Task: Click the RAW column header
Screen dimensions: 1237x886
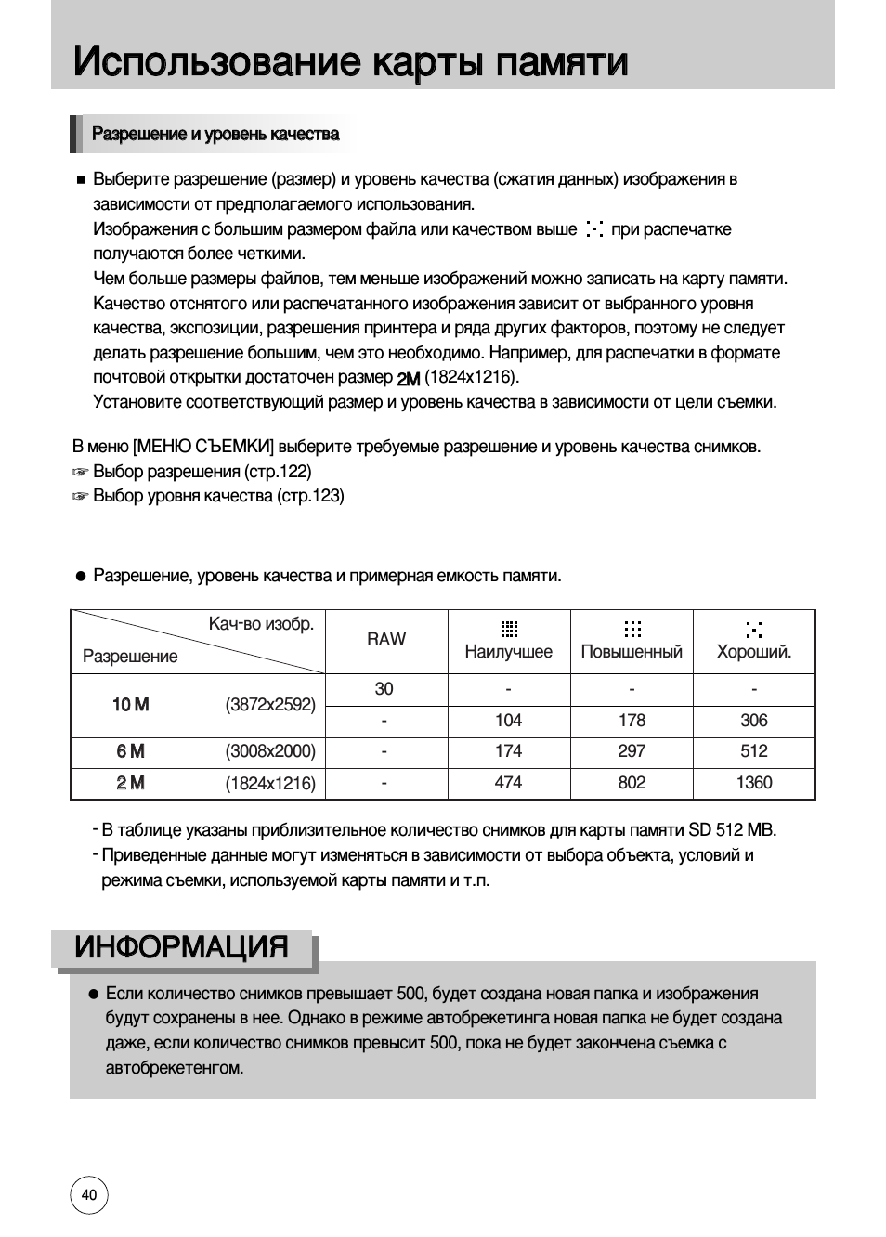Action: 385,639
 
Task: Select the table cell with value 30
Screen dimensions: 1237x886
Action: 384,689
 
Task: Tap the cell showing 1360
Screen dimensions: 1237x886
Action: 753,783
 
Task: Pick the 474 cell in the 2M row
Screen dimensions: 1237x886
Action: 508,783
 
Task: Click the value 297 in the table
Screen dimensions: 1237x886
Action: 632,751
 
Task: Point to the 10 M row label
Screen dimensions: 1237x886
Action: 130,705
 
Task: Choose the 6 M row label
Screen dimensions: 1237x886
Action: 131,751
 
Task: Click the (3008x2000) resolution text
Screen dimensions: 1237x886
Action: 270,751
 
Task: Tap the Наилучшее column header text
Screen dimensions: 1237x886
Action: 508,652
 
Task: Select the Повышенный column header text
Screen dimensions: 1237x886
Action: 632,652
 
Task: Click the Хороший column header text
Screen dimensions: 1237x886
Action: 753,652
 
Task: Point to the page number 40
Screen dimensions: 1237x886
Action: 89,1195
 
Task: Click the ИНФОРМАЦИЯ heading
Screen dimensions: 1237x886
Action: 182,947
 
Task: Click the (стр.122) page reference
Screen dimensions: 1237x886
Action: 278,472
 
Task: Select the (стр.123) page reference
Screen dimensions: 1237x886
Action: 310,496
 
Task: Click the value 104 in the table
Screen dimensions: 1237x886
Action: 508,721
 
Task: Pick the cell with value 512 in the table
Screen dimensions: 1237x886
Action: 753,751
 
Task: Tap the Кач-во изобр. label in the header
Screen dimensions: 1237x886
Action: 261,624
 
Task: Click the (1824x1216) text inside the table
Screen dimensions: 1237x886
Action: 270,784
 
